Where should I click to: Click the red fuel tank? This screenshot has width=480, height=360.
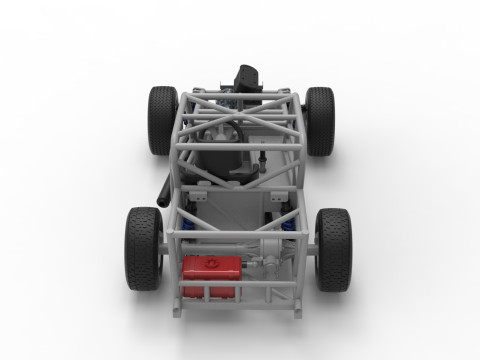(211, 267)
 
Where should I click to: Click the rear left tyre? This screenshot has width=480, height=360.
(143, 248)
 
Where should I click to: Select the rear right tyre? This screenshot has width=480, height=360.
(334, 248)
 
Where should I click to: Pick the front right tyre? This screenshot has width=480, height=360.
(320, 120)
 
